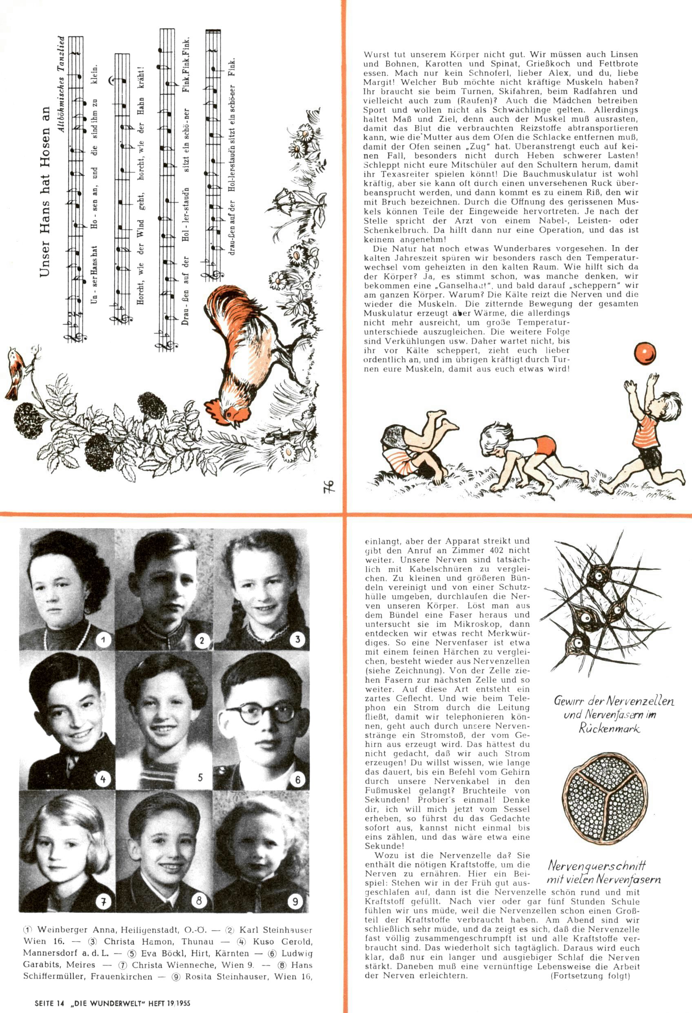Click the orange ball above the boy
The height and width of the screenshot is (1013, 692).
click(645, 353)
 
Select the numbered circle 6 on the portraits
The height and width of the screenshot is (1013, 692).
click(298, 779)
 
